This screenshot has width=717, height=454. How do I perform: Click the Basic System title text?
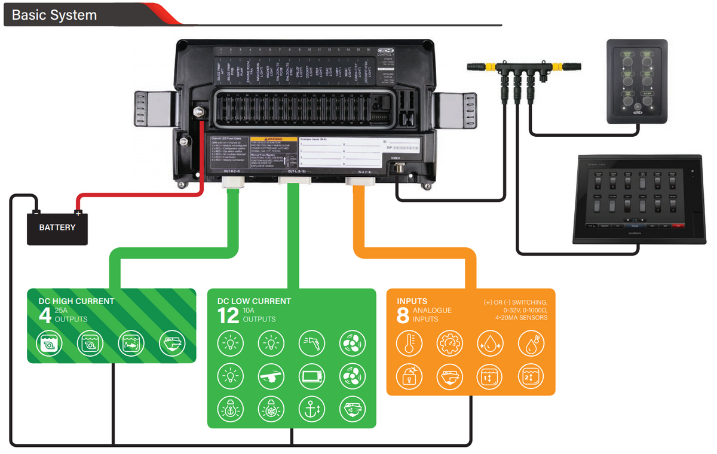tap(54, 15)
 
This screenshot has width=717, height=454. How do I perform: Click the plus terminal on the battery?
tap(78, 213)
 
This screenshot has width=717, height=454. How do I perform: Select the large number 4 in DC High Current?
tap(45, 315)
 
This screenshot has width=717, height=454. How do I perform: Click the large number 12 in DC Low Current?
tap(228, 315)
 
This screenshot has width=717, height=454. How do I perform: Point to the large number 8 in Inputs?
tap(403, 315)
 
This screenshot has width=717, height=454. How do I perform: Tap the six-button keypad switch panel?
tap(638, 81)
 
